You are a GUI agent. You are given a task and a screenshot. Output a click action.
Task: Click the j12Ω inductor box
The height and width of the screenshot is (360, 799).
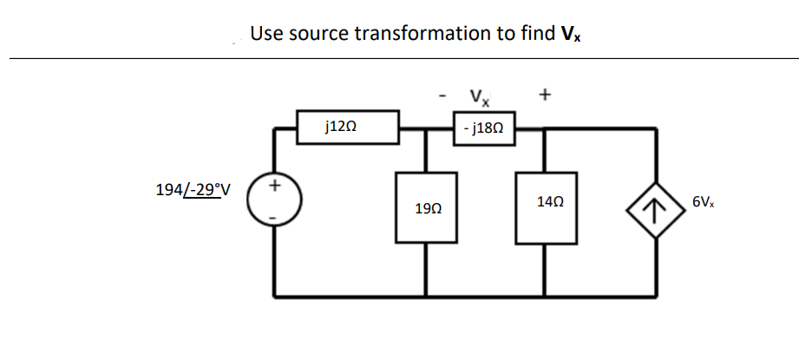point(348,127)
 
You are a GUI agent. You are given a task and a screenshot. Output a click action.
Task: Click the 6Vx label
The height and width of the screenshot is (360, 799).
point(704,202)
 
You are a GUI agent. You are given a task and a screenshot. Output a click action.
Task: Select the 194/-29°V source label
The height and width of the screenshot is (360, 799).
point(193,189)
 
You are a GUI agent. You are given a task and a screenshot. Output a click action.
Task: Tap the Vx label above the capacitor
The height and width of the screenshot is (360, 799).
point(478,95)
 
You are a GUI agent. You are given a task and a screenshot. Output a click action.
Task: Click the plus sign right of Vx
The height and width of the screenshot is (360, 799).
point(544,93)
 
